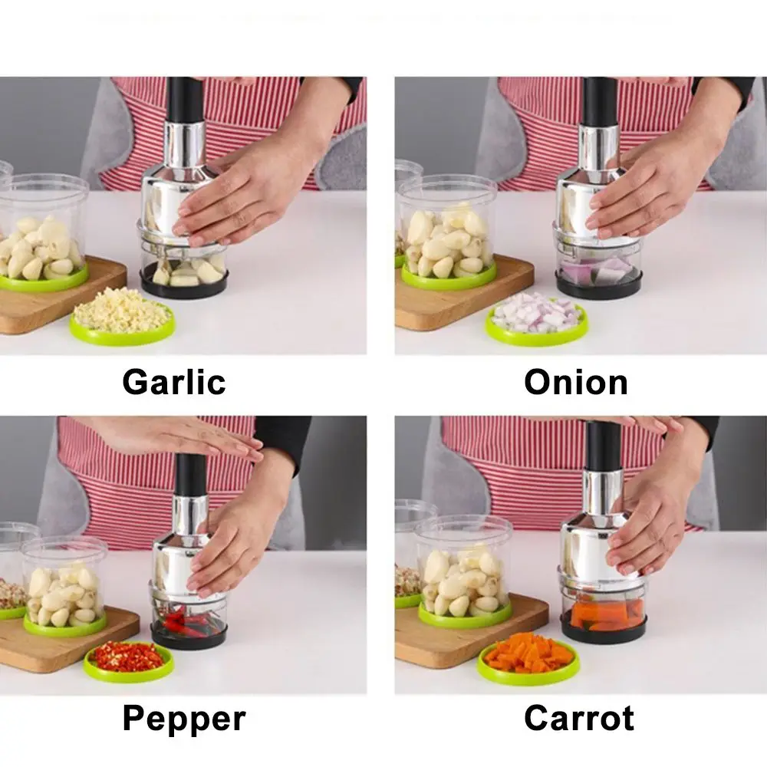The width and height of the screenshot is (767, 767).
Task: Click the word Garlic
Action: coord(174,381)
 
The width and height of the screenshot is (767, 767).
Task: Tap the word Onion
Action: coord(575,381)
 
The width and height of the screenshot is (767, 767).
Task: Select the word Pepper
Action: coord(184,719)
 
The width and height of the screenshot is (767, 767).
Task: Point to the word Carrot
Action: coord(579,719)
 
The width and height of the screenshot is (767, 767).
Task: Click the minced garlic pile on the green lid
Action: coord(121,310)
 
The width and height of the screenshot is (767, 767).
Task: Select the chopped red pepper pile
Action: coord(128,657)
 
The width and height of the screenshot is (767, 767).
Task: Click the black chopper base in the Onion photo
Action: coord(598,288)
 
